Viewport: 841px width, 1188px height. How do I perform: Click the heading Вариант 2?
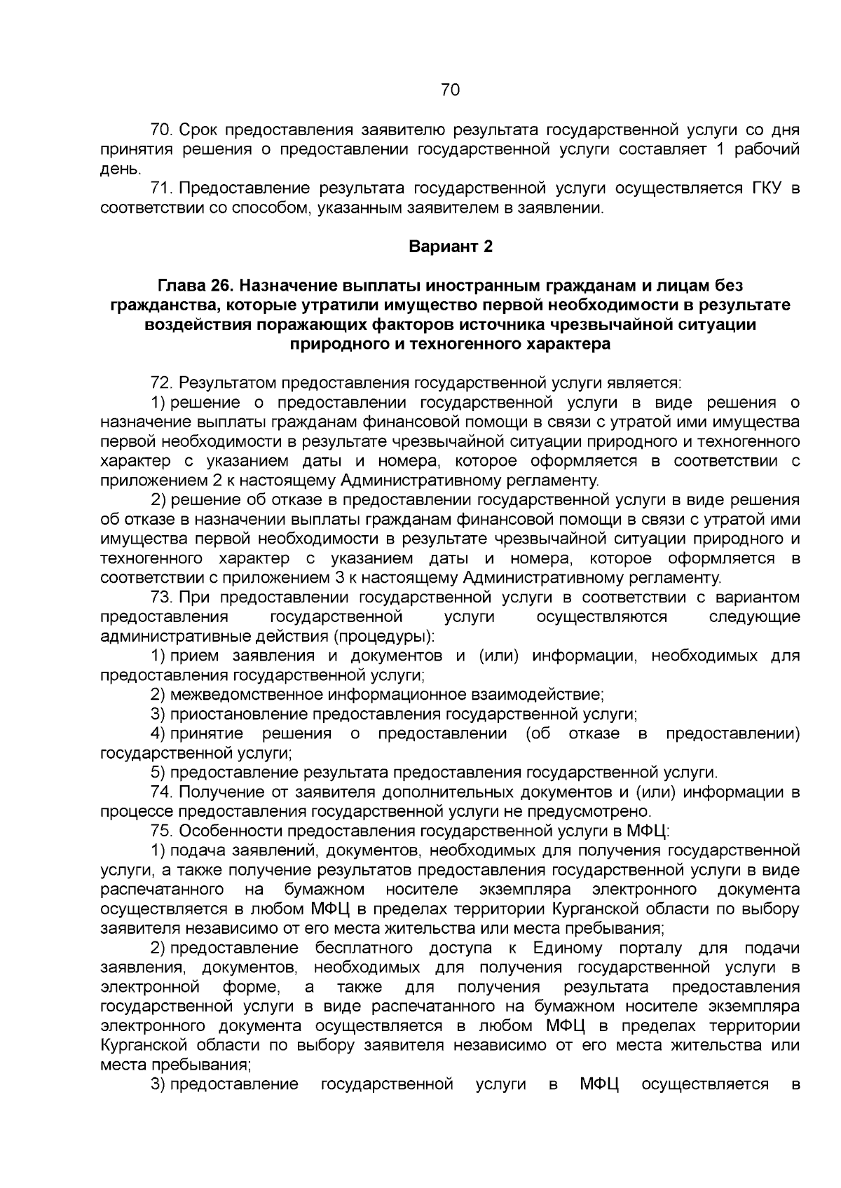click(451, 247)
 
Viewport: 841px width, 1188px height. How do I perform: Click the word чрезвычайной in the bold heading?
click(609, 325)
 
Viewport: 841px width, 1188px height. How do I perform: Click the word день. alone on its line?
click(121, 169)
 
